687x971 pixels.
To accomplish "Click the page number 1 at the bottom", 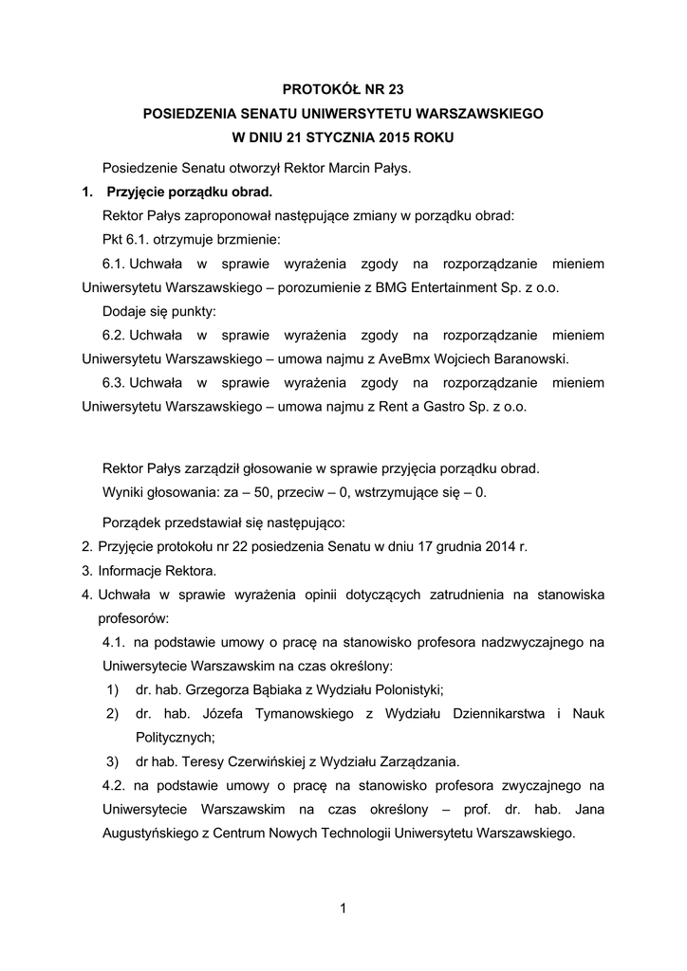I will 343,910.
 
